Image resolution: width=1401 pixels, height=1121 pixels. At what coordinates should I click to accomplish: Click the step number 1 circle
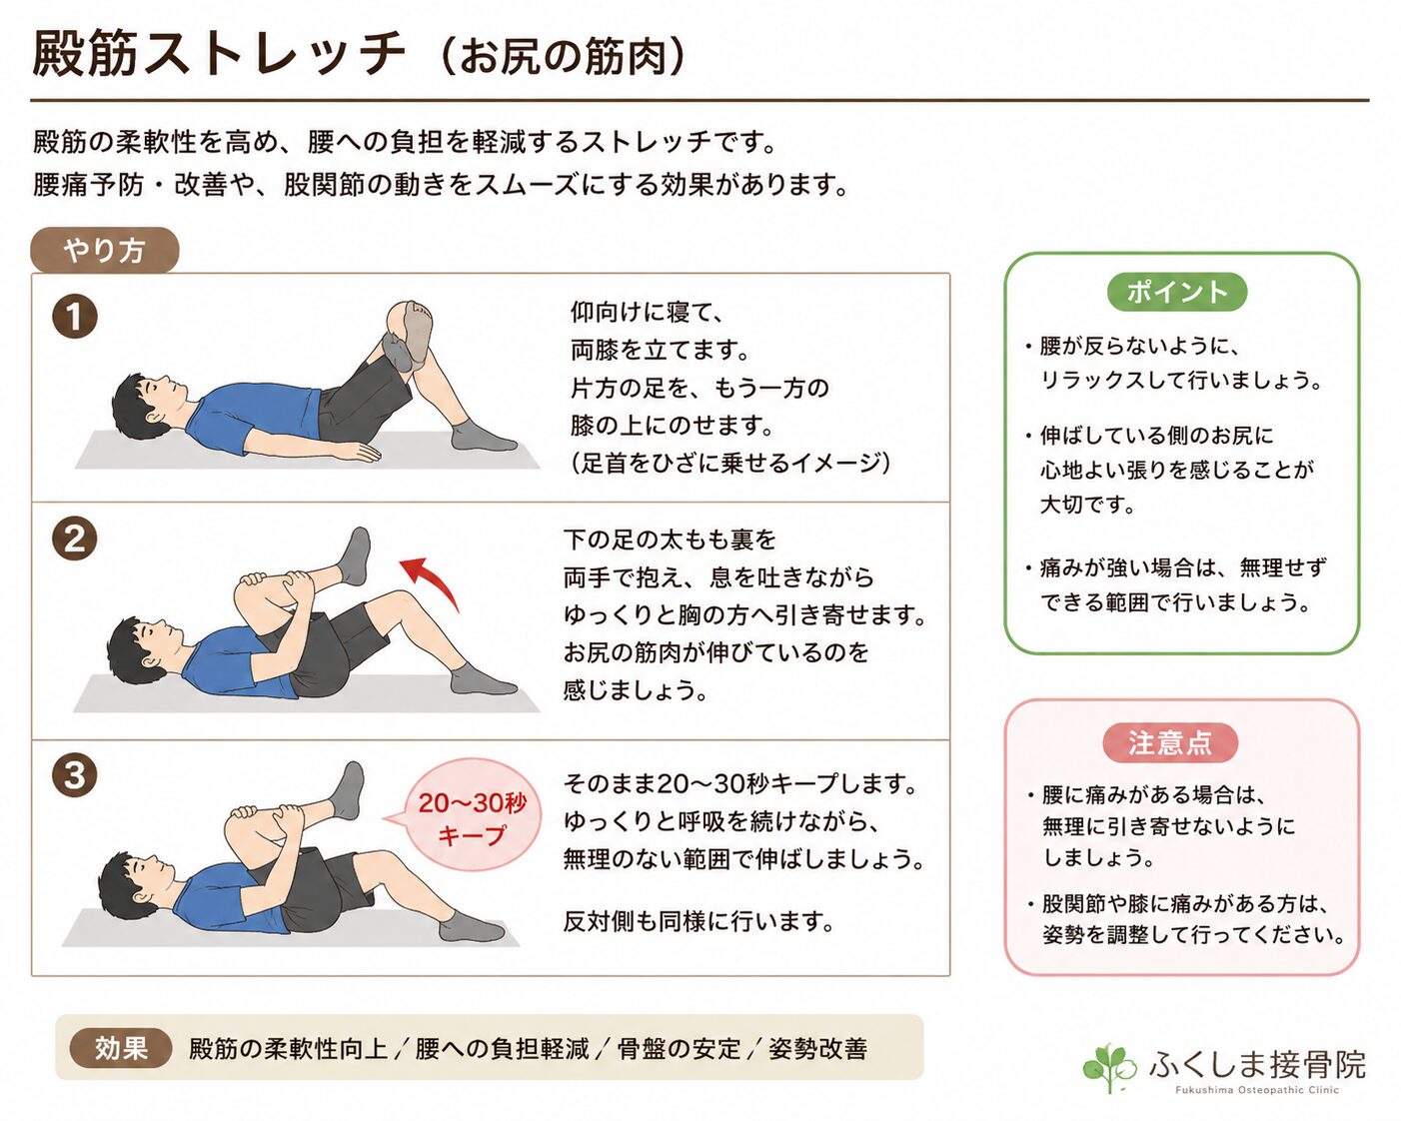[75, 318]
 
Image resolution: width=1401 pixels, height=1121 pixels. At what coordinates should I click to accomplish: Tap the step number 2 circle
[75, 539]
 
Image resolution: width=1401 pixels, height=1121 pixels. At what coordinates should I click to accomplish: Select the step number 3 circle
[75, 775]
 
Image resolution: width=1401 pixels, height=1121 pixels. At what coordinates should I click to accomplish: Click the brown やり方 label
[104, 250]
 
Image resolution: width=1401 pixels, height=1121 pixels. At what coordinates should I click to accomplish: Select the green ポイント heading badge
[1177, 292]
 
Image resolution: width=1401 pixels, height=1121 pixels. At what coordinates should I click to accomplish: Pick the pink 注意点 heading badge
[1170, 742]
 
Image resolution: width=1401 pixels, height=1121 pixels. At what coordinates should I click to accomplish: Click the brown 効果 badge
[121, 1049]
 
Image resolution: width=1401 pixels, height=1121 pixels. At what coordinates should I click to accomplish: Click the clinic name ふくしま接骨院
[1256, 1064]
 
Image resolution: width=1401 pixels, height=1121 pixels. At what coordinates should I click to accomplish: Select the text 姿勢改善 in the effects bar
[817, 1049]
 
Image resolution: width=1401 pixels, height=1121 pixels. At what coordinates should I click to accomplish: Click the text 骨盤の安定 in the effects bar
[680, 1049]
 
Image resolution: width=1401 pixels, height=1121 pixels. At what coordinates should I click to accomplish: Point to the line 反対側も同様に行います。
[699, 921]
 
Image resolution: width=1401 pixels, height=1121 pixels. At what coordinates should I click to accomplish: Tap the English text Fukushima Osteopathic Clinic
[1257, 1090]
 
